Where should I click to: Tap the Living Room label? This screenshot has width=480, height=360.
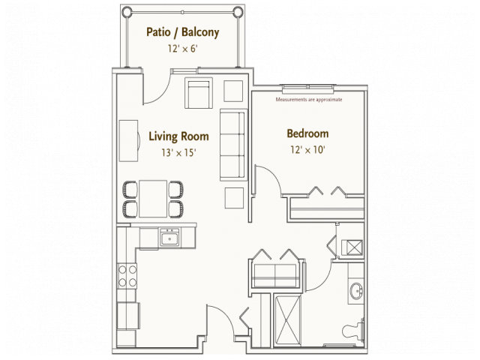pyautogui.click(x=178, y=136)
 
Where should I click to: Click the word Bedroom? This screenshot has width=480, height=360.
pyautogui.click(x=307, y=134)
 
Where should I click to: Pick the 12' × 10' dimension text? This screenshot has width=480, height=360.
pyautogui.click(x=307, y=149)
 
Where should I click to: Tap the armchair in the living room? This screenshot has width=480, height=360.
pyautogui.click(x=199, y=93)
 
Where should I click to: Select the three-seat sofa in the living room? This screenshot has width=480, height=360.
pyautogui.click(x=232, y=145)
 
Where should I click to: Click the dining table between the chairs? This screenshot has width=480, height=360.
pyautogui.click(x=154, y=198)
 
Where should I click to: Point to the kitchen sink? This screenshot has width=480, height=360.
pyautogui.click(x=169, y=239)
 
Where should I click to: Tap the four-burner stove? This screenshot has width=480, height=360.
pyautogui.click(x=127, y=275)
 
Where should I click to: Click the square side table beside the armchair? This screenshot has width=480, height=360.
pyautogui.click(x=233, y=90)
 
